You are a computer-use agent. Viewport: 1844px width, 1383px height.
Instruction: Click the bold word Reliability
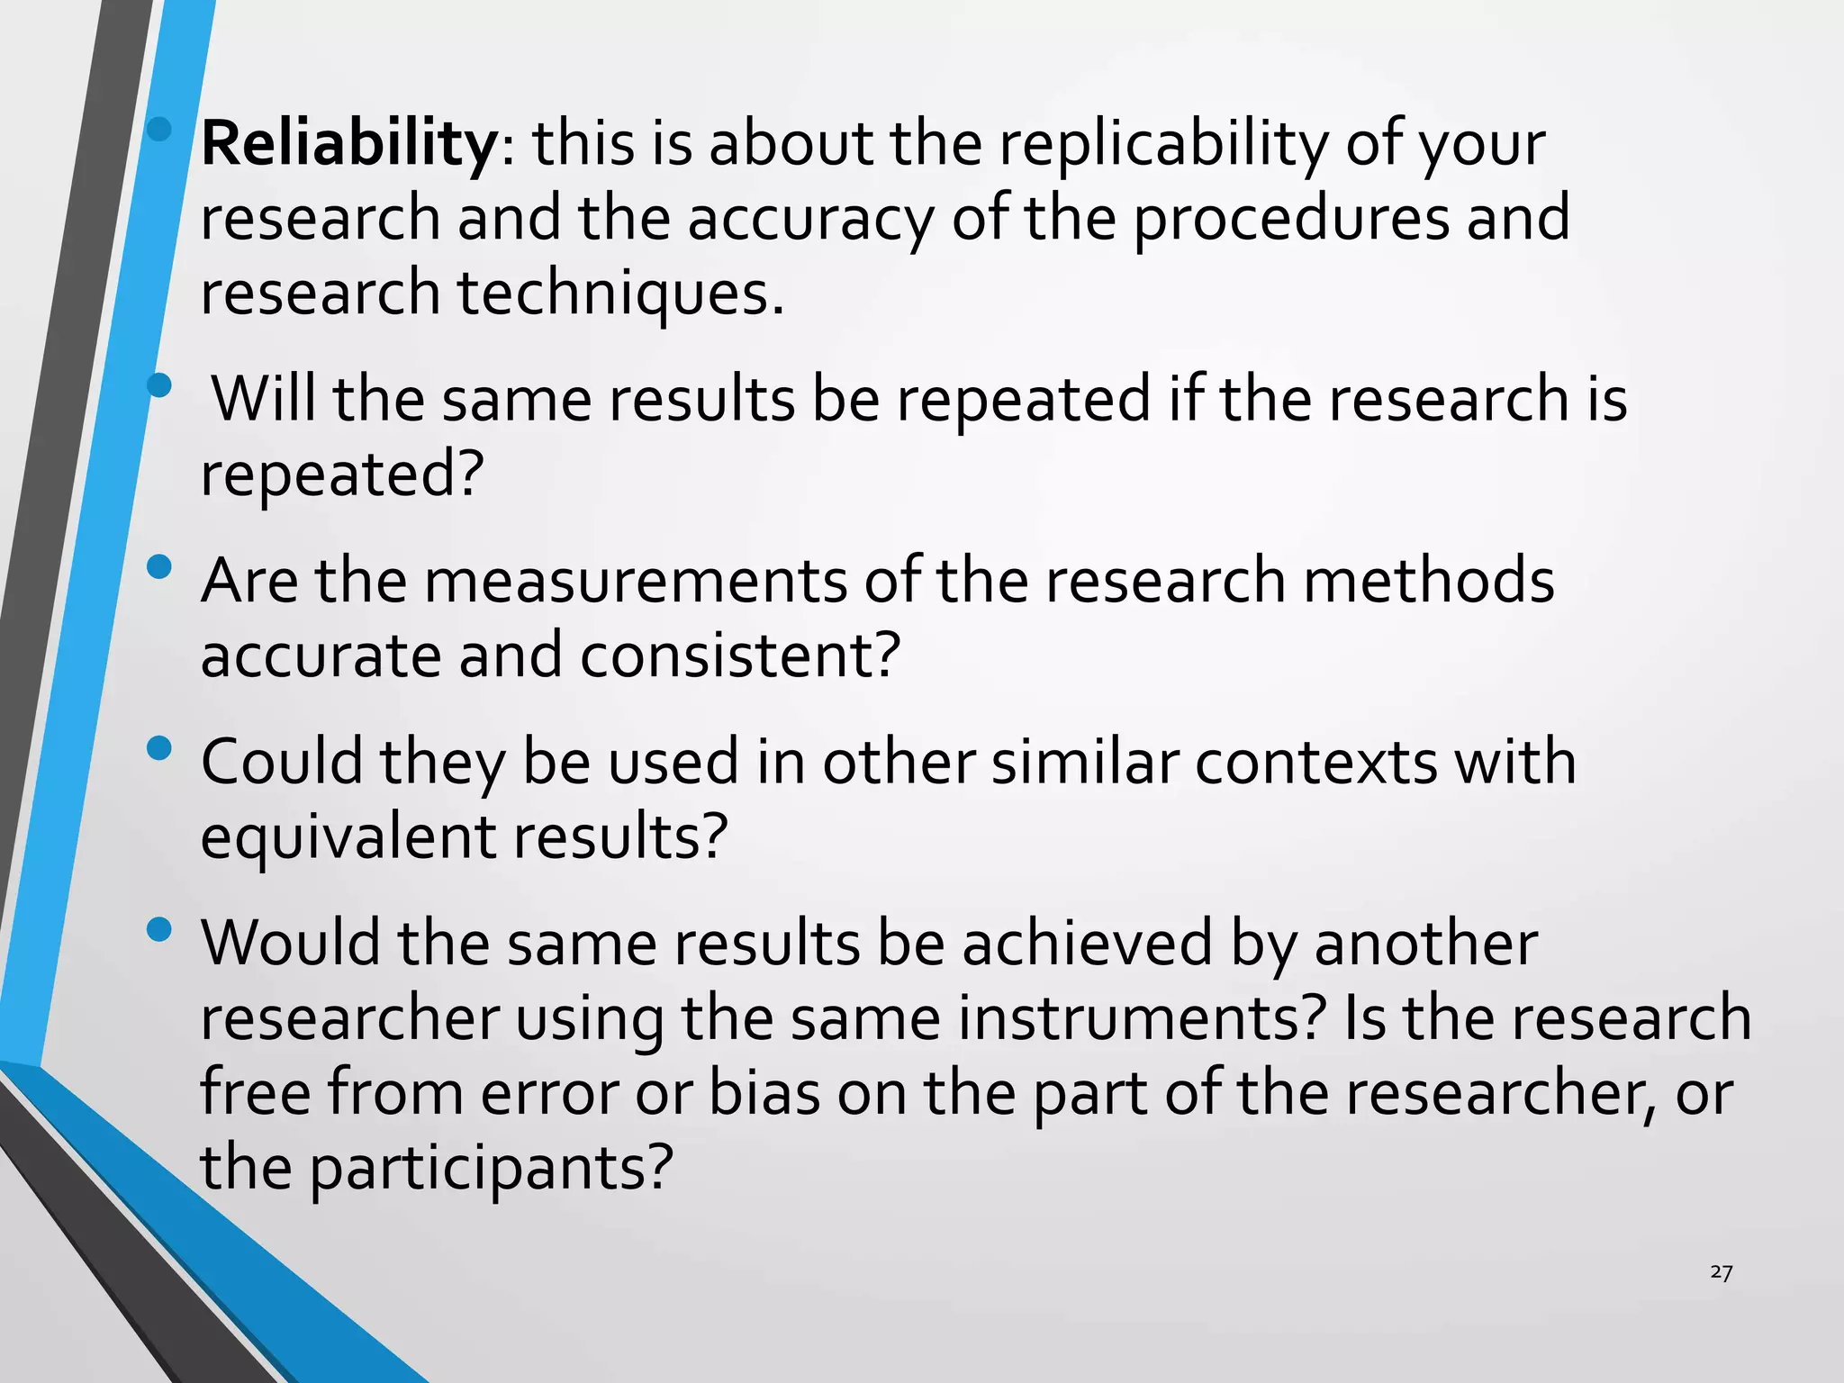(x=348, y=144)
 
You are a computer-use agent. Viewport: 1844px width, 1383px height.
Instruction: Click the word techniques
(x=621, y=294)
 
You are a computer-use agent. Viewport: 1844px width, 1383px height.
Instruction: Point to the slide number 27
(x=1721, y=1272)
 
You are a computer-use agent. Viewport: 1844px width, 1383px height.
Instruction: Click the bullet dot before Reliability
(x=158, y=130)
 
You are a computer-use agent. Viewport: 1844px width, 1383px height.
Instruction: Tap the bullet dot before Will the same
(x=158, y=385)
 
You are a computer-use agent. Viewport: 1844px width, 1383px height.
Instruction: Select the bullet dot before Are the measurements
(x=158, y=566)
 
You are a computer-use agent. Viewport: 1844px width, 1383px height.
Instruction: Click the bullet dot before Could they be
(x=158, y=748)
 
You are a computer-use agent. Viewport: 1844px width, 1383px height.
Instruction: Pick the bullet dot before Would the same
(x=158, y=929)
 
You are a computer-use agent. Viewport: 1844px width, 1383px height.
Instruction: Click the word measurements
(x=636, y=581)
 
